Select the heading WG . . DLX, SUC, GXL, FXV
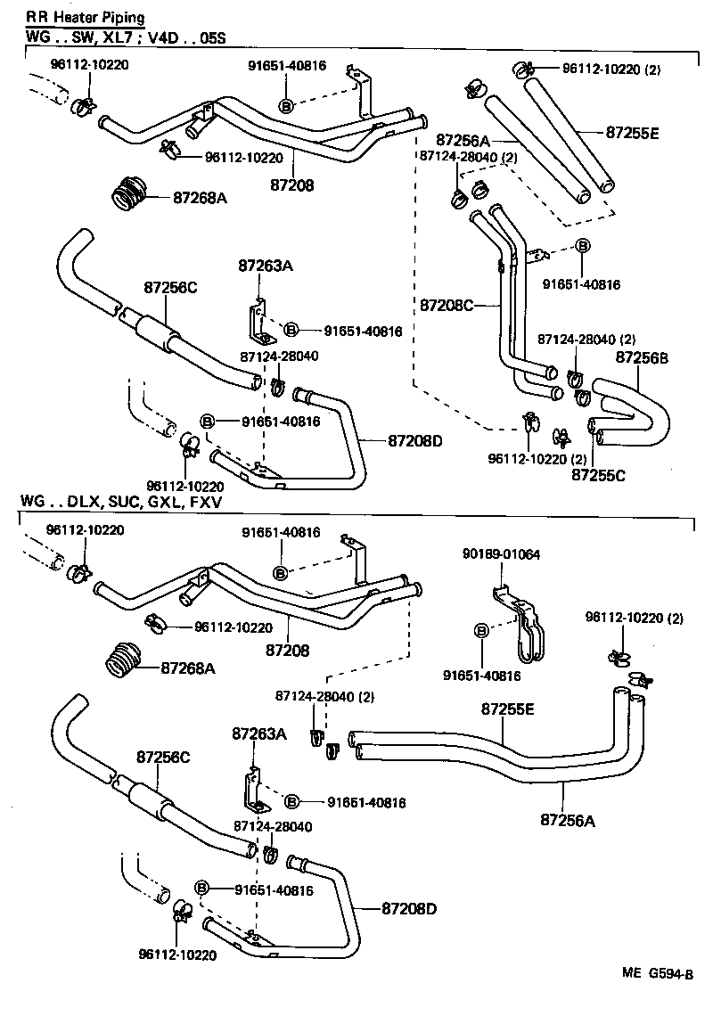[120, 503]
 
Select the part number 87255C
[598, 476]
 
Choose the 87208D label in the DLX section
[409, 908]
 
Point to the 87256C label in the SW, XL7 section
[170, 287]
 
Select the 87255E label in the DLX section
[508, 709]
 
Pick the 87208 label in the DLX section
[287, 651]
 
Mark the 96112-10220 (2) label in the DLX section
[635, 617]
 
